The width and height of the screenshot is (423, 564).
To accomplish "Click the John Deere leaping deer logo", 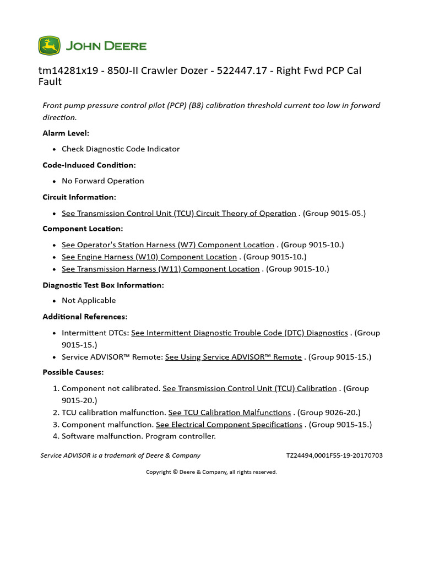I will tap(49, 46).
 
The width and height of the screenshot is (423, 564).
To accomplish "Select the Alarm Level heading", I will tap(66, 133).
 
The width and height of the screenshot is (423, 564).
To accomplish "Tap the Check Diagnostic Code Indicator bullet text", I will tap(121, 149).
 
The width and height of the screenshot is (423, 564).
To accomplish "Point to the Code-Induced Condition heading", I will tap(89, 165).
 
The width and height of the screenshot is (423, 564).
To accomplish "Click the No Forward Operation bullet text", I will tap(102, 181).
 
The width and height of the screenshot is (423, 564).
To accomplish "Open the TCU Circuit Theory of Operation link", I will tap(178, 213).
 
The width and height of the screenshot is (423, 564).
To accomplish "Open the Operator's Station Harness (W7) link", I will tap(167, 245).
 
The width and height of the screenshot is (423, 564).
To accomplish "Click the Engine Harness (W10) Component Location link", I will tap(149, 257).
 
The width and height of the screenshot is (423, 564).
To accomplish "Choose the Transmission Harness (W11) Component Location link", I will tap(160, 269).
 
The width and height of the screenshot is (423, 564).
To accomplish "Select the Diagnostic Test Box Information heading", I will tap(103, 285).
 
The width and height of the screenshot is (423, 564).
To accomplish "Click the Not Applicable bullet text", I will tap(89, 300).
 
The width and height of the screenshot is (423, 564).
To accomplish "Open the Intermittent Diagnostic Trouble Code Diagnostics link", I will tap(240, 333).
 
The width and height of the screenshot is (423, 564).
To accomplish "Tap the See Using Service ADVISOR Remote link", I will tap(234, 357).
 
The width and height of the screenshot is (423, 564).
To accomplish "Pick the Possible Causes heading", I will tap(73, 372).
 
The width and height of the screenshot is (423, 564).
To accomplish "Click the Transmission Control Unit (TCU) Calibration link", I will tap(250, 388).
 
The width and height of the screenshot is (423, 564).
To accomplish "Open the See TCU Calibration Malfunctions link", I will tap(230, 413).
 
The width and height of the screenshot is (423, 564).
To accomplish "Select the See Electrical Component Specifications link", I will tap(229, 425).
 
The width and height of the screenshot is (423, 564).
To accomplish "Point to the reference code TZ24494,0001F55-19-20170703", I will tap(334, 455).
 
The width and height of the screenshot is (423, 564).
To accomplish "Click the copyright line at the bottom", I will tap(211, 472).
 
